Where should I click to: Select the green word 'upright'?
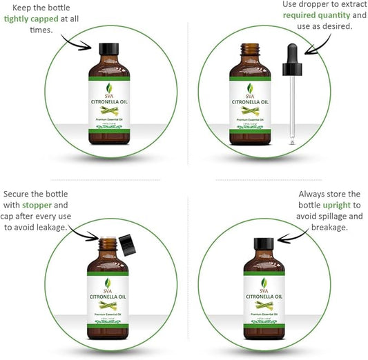point(340,205)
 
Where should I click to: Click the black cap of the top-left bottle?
point(109,50)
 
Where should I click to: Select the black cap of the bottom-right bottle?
point(264,244)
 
